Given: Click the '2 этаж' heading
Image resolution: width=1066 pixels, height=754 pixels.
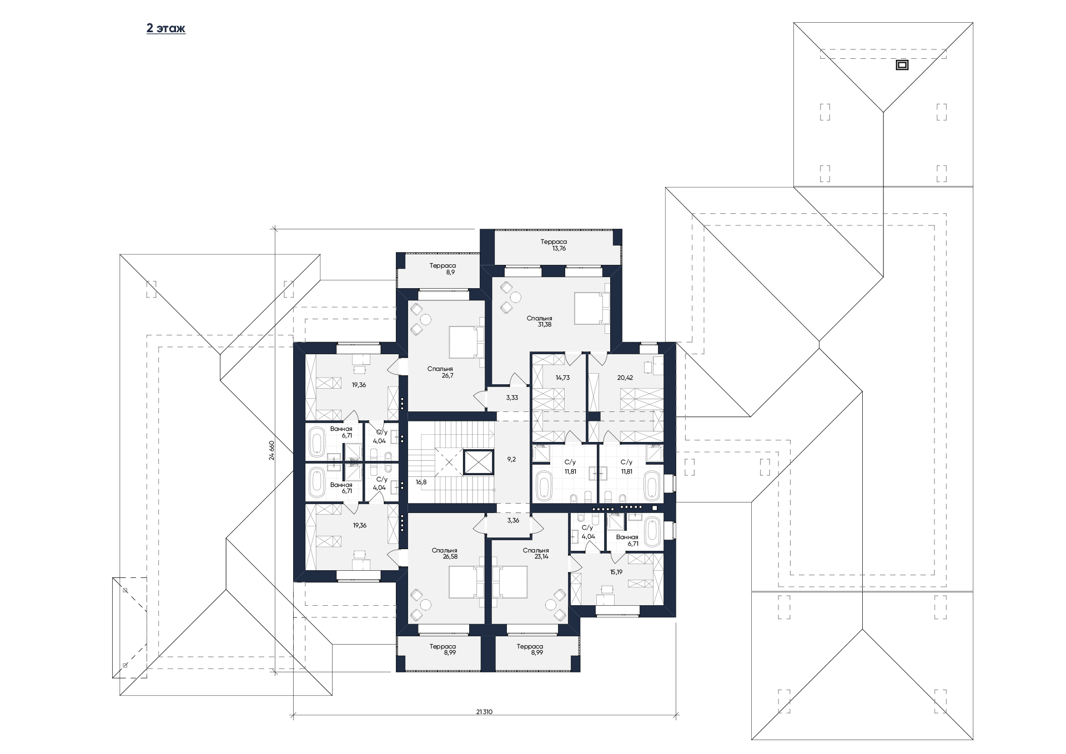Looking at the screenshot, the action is pyautogui.click(x=166, y=28).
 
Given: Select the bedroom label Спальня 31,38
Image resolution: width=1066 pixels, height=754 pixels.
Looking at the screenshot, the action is pyautogui.click(x=539, y=321).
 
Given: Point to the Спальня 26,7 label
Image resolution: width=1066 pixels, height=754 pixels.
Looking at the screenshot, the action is pyautogui.click(x=440, y=372).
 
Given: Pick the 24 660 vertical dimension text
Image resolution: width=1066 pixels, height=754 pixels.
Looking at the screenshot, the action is pyautogui.click(x=271, y=450).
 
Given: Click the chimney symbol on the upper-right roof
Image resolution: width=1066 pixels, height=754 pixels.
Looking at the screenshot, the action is pyautogui.click(x=902, y=65).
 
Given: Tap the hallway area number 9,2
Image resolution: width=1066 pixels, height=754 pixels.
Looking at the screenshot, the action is pyautogui.click(x=512, y=459).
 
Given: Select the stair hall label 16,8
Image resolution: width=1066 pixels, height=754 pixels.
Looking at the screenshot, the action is pyautogui.click(x=421, y=482).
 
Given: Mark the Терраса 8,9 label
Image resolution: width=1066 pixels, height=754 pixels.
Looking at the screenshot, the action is pyautogui.click(x=443, y=269).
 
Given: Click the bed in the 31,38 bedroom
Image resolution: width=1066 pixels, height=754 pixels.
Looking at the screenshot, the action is pyautogui.click(x=592, y=308).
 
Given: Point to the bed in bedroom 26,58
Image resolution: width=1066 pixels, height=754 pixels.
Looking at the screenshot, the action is pyautogui.click(x=467, y=582).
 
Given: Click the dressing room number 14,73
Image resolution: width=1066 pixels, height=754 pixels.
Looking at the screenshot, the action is pyautogui.click(x=562, y=378).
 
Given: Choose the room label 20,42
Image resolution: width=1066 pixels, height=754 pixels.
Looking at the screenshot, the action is pyautogui.click(x=625, y=378).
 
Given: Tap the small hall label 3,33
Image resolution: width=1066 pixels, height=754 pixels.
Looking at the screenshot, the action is pyautogui.click(x=512, y=398).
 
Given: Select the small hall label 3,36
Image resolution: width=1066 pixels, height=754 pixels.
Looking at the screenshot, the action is pyautogui.click(x=513, y=520).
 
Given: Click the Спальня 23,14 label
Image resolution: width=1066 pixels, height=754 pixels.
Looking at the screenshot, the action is pyautogui.click(x=536, y=554).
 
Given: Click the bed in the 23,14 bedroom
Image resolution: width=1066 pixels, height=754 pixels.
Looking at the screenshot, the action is pyautogui.click(x=509, y=582).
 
